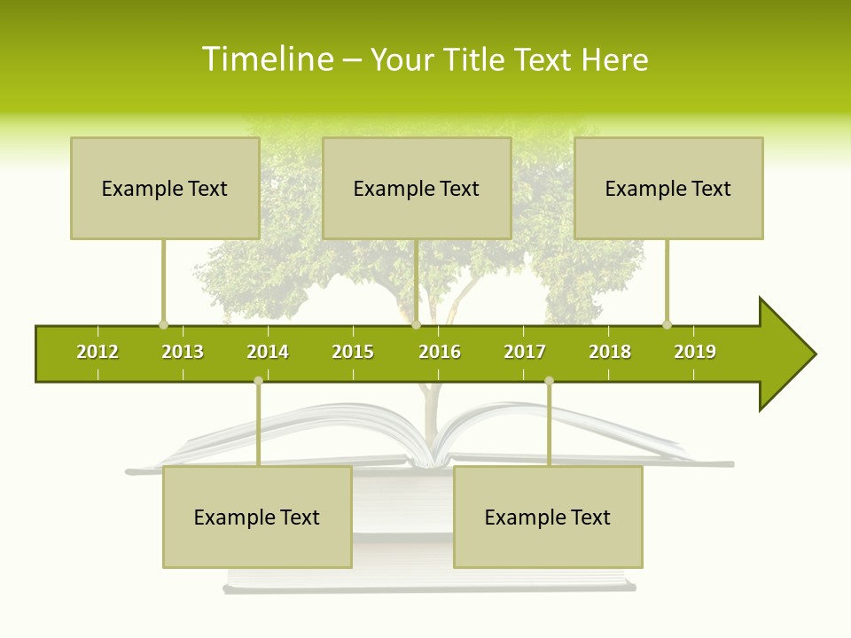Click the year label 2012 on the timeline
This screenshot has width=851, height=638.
coord(98,352)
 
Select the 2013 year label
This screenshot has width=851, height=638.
coord(183,352)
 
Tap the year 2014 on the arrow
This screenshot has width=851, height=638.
coord(268,352)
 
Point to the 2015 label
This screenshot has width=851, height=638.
coord(353,352)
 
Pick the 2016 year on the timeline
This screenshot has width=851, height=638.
coord(440,352)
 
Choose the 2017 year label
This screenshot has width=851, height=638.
coord(525,352)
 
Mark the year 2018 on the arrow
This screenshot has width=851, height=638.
coord(610,352)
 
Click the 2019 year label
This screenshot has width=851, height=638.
coord(695,352)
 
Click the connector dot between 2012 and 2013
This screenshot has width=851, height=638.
coord(163,324)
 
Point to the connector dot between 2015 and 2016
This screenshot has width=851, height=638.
coord(416,324)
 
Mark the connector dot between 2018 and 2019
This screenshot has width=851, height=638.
coord(667,324)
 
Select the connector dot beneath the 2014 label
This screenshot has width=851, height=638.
coord(258,380)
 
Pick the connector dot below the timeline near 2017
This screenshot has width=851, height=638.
coord(549,380)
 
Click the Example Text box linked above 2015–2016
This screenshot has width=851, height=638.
coord(417,188)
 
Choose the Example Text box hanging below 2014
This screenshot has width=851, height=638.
coord(257,517)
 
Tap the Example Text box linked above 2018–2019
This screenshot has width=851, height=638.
coord(668,188)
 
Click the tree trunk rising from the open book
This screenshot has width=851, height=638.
coord(431,416)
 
